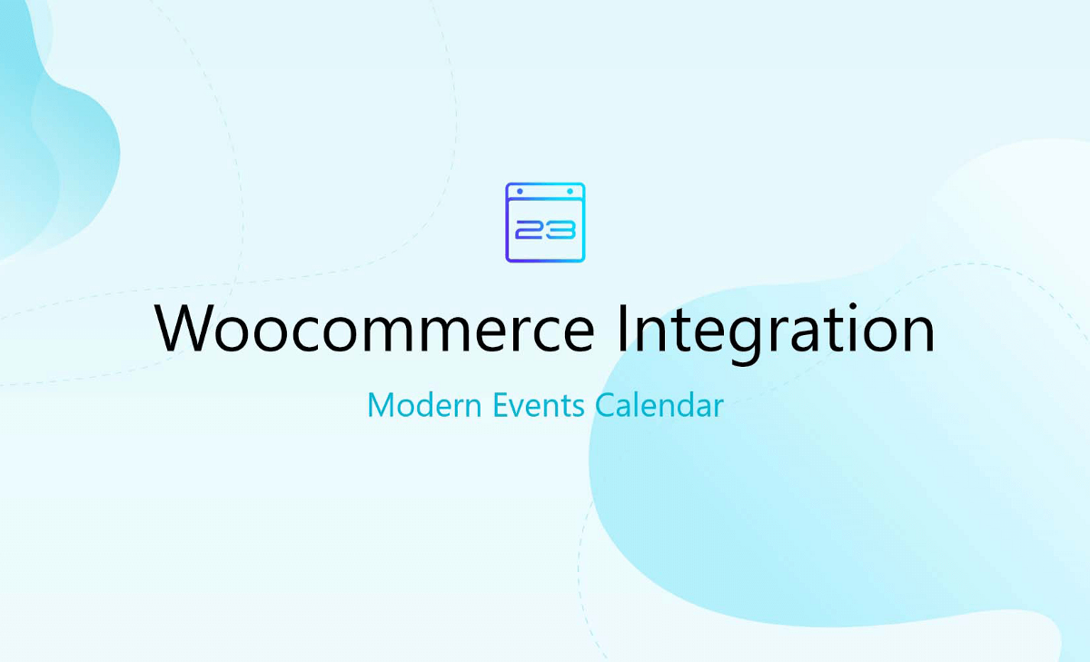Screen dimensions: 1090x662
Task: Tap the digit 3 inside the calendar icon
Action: tap(561, 230)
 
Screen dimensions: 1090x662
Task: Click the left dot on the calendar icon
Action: tap(520, 192)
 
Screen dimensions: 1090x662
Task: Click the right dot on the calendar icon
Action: tap(570, 192)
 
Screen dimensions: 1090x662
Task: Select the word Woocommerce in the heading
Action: tap(374, 329)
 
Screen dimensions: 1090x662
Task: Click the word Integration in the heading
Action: tap(776, 332)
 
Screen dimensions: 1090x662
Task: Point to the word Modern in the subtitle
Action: tap(424, 405)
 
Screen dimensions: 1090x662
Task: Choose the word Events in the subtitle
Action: tap(538, 405)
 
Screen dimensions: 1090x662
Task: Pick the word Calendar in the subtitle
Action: tap(659, 405)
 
